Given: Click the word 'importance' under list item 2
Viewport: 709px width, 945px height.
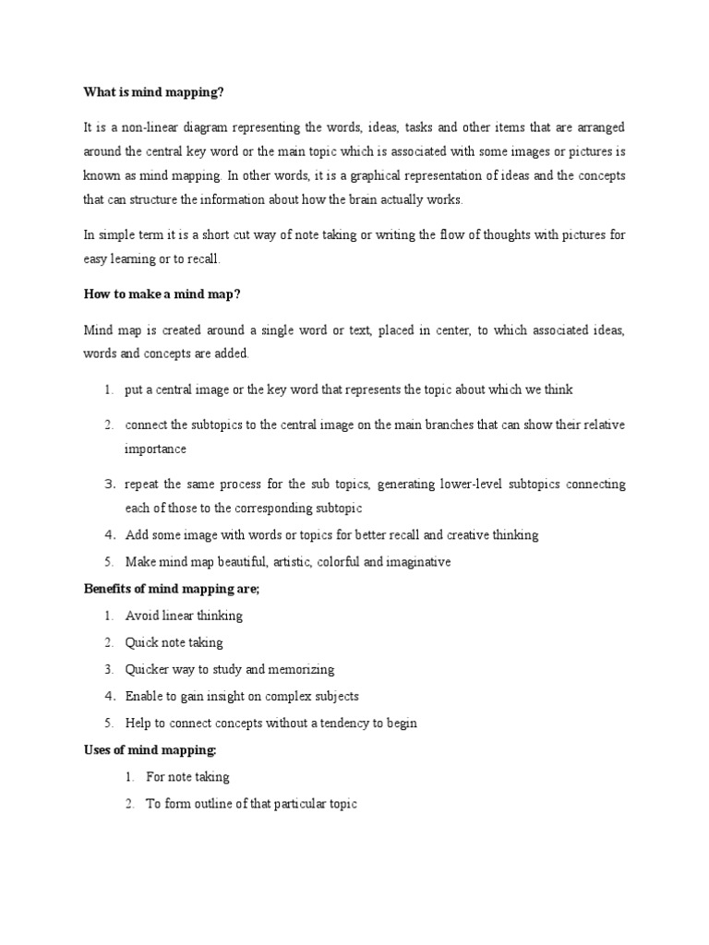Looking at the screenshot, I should (156, 449).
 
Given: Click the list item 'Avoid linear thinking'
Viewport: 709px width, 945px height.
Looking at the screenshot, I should (183, 616).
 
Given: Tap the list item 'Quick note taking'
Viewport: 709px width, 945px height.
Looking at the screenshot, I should (174, 642).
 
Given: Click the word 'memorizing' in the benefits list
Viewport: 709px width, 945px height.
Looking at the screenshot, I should (302, 669).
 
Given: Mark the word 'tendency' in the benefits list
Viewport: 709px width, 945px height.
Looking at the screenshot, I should (340, 723).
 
